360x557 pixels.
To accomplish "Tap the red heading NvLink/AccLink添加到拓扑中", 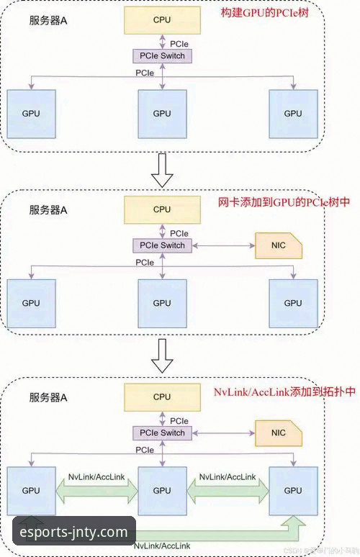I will tap(284, 392).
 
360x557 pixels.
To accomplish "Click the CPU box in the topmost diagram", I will tap(162, 20).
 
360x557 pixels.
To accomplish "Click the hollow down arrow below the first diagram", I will tap(164, 169).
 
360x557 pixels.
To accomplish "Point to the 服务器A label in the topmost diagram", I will tap(48, 22).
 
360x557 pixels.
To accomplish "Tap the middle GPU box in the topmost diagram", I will tap(162, 114).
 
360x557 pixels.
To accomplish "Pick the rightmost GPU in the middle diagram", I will tap(292, 302).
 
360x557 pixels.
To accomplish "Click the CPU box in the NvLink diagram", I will tap(162, 397).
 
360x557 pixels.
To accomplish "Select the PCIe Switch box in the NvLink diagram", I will tap(162, 433).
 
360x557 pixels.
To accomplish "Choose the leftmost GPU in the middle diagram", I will tap(31, 302).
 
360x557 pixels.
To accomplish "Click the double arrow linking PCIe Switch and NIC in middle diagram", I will tap(223, 246).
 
